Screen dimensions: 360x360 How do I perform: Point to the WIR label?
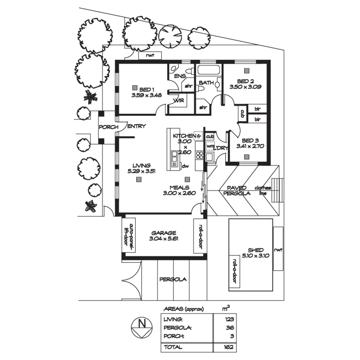pos(177,100)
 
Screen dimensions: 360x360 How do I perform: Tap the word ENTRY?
pos(136,126)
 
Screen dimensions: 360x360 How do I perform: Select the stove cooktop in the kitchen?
pos(199,155)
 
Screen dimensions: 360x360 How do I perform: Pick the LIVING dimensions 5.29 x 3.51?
pos(141,171)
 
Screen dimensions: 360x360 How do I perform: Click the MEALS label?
pos(180,187)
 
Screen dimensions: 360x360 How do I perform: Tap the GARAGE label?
pos(163,233)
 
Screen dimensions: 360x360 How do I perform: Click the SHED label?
pos(256,250)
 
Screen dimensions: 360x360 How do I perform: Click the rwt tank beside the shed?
pos(278,248)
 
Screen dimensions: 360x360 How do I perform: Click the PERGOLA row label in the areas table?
pos(177,327)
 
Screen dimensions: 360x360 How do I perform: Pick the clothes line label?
pos(263,190)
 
